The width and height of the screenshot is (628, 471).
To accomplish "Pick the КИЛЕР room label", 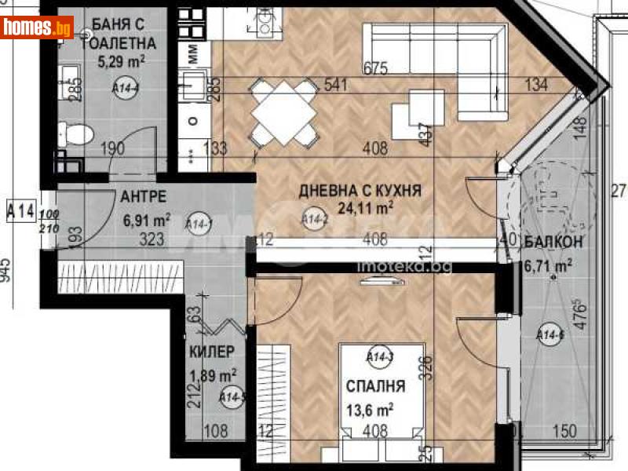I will (212, 352).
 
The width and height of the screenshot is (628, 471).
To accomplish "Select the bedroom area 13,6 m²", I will (370, 408).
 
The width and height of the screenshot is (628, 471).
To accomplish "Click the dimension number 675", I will (376, 68).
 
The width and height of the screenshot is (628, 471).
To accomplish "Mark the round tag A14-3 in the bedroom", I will (379, 358).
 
